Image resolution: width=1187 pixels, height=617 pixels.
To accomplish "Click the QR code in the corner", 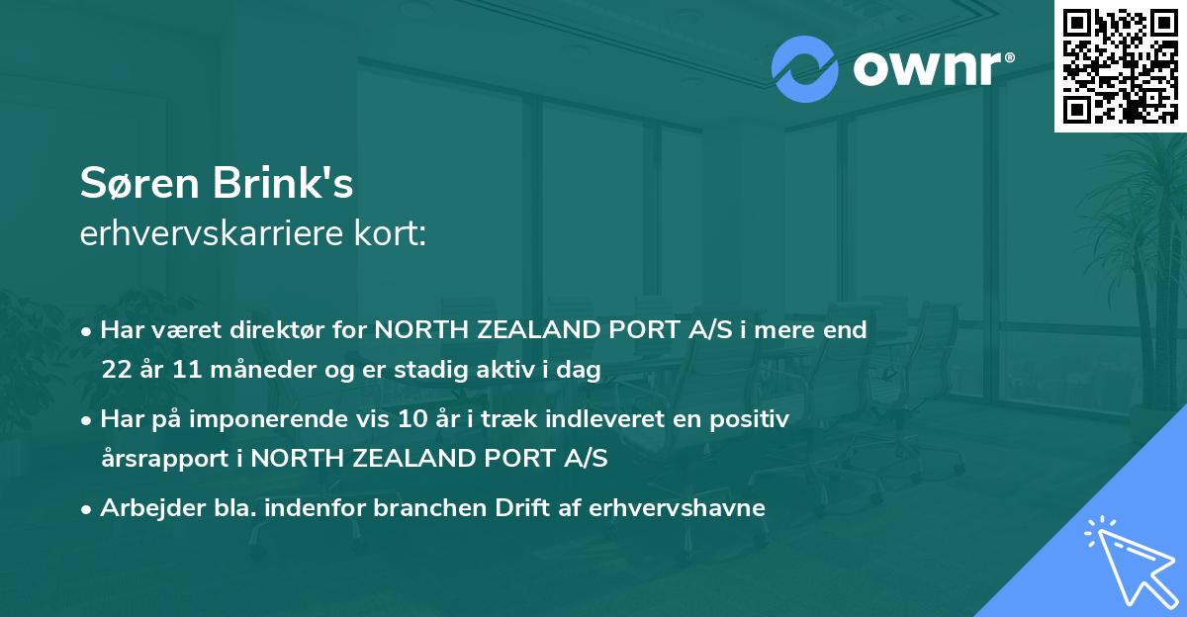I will [1120, 66].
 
